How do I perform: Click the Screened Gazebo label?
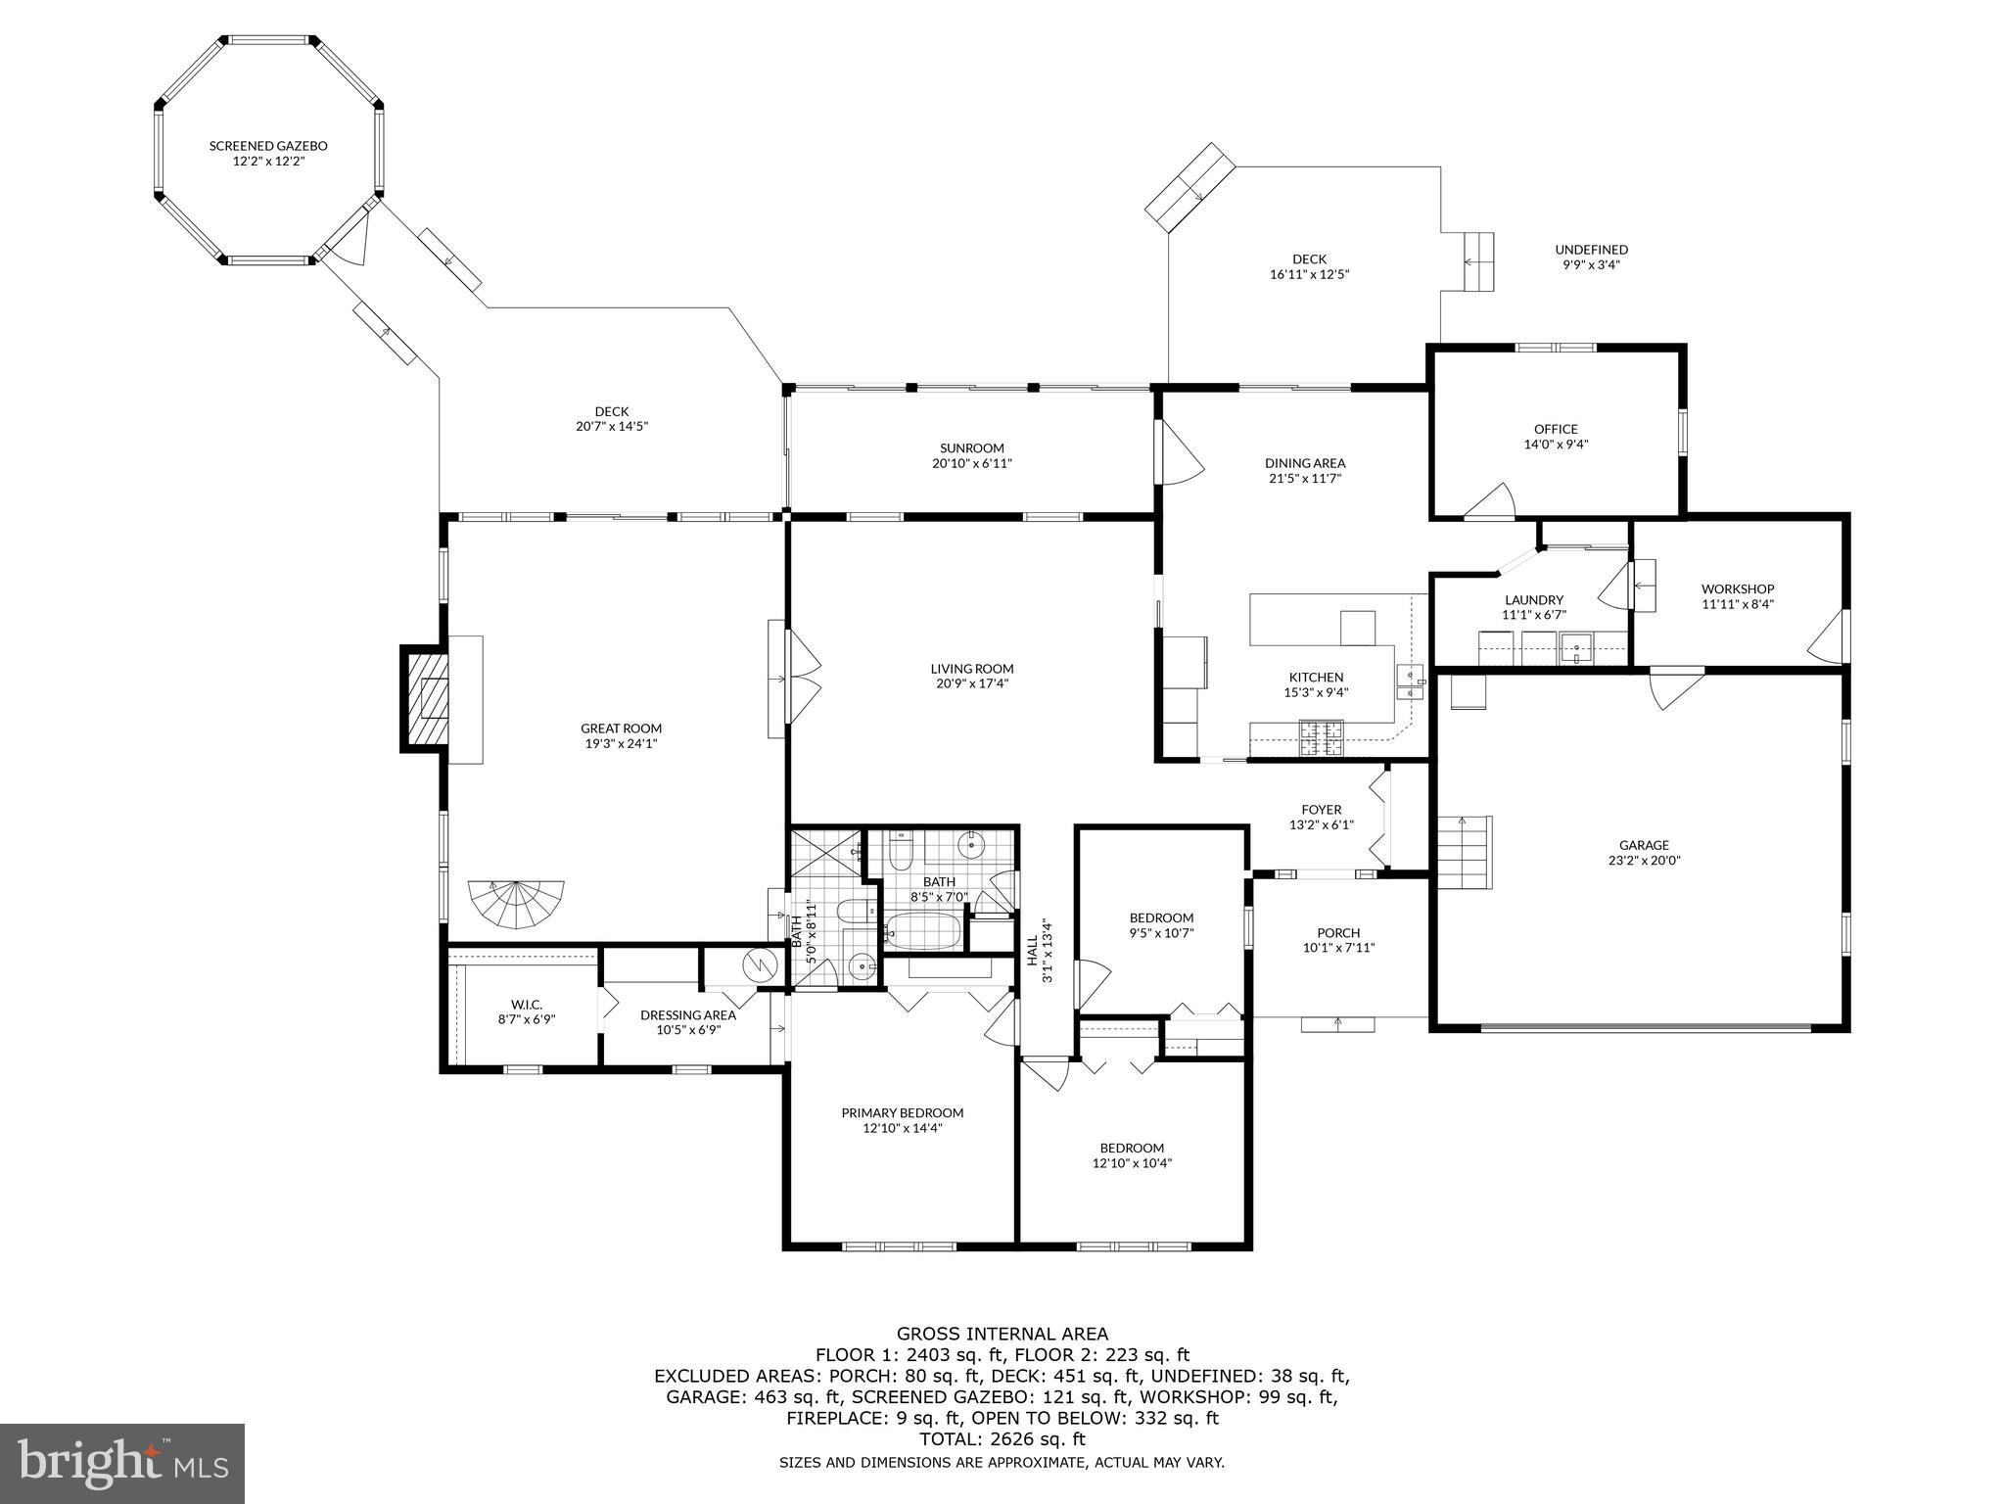(x=268, y=146)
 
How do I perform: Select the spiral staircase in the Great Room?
(x=517, y=903)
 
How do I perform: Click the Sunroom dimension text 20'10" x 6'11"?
(x=971, y=463)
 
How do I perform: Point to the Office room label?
(x=1556, y=429)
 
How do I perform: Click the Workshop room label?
(x=1738, y=588)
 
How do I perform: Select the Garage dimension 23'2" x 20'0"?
(x=1644, y=861)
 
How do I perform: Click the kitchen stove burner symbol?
(x=1322, y=736)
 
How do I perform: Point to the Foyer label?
(x=1321, y=809)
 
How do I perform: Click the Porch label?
(x=1337, y=932)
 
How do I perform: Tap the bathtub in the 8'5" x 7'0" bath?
(x=922, y=930)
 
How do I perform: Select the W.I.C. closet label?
(x=526, y=1004)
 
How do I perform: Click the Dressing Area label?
(x=687, y=1014)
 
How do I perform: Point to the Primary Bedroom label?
(x=902, y=1112)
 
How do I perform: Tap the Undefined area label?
(x=1591, y=250)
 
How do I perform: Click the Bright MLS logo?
(x=122, y=1463)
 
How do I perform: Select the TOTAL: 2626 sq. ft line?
(x=1002, y=1438)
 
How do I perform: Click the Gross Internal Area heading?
(x=1002, y=1333)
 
